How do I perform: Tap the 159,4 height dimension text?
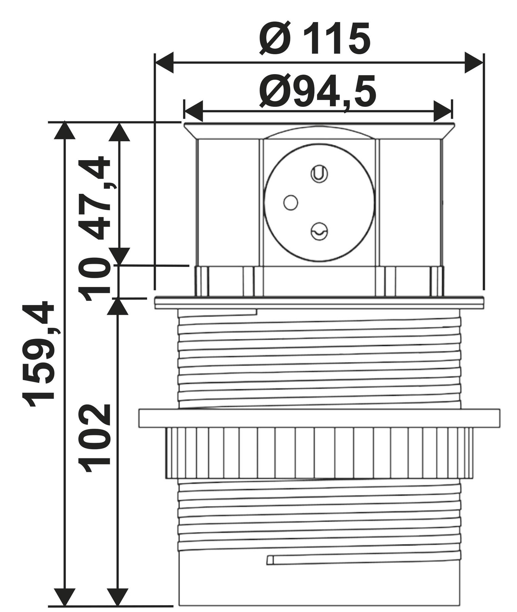tap(38, 354)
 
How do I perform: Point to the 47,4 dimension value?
tap(94, 198)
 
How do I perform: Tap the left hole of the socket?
tap(290, 203)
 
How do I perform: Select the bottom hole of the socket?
tap(319, 232)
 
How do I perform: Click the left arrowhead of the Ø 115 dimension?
tap(164, 63)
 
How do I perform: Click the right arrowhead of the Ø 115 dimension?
tap(473, 63)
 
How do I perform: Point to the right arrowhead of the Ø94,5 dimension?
tap(443, 111)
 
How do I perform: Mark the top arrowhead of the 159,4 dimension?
tap(64, 131)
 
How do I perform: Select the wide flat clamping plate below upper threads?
tap(319, 418)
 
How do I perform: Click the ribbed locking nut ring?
tap(319, 453)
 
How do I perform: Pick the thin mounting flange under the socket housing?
tap(319, 302)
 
